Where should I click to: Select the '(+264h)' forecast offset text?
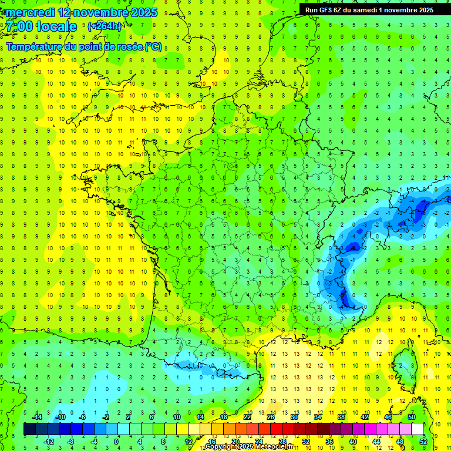pos(104,26)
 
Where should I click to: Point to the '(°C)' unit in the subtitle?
pos(153,46)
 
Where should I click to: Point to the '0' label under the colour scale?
pos(116,442)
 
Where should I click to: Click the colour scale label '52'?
pos(423,442)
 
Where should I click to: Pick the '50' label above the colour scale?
pos(411,417)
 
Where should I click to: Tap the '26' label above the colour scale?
pos(270,417)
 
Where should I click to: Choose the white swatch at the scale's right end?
pos(417,429)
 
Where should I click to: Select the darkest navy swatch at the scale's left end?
pos(29,429)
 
